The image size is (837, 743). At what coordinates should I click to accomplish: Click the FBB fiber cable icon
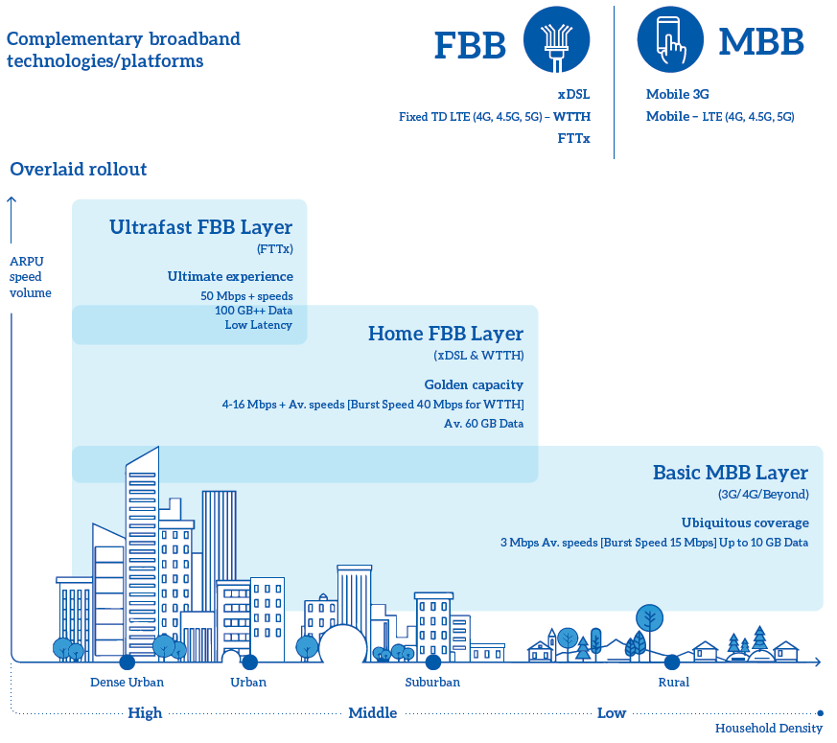pyautogui.click(x=556, y=39)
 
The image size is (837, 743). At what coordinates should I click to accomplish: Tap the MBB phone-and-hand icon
pyautogui.click(x=670, y=39)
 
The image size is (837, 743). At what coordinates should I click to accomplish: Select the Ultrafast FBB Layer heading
pyautogui.click(x=200, y=227)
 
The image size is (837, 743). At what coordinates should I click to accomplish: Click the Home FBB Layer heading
pyautogui.click(x=446, y=334)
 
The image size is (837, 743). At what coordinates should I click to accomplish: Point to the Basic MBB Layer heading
pyautogui.click(x=731, y=473)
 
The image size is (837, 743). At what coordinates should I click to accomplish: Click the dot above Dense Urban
pyautogui.click(x=128, y=662)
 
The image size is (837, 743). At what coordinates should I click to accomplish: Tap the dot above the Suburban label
pyautogui.click(x=433, y=662)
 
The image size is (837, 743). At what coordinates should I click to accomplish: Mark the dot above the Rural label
pyautogui.click(x=672, y=662)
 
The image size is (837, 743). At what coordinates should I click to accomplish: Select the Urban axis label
pyautogui.click(x=248, y=683)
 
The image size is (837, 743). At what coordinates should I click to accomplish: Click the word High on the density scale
pyautogui.click(x=145, y=713)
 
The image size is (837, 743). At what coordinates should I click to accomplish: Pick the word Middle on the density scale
pyautogui.click(x=373, y=713)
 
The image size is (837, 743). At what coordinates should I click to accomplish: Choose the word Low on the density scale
pyautogui.click(x=611, y=713)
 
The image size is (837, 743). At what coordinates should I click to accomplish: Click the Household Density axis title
pyautogui.click(x=769, y=728)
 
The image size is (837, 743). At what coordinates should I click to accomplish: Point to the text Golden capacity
pyautogui.click(x=474, y=384)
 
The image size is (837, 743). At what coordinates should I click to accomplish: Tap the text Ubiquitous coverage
pyautogui.click(x=745, y=522)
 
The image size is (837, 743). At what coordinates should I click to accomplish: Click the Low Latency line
pyautogui.click(x=258, y=325)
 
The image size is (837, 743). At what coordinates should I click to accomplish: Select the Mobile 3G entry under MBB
pyautogui.click(x=678, y=95)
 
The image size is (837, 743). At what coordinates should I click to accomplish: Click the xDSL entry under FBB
pyautogui.click(x=574, y=95)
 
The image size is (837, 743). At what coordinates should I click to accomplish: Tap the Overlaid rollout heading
pyautogui.click(x=78, y=169)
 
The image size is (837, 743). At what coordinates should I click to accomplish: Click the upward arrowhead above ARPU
pyautogui.click(x=12, y=200)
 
